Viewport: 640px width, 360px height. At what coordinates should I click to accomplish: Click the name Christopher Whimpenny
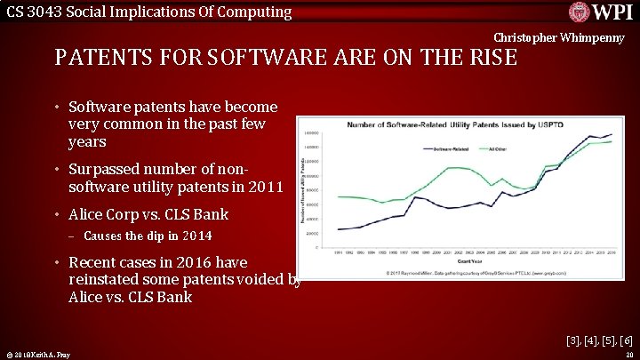point(559,38)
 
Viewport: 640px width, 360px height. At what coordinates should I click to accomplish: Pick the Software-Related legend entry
point(453,148)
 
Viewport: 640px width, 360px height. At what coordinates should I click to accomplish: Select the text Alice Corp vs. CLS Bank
point(148,214)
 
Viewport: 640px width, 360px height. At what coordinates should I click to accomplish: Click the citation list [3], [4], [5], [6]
point(599,340)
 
